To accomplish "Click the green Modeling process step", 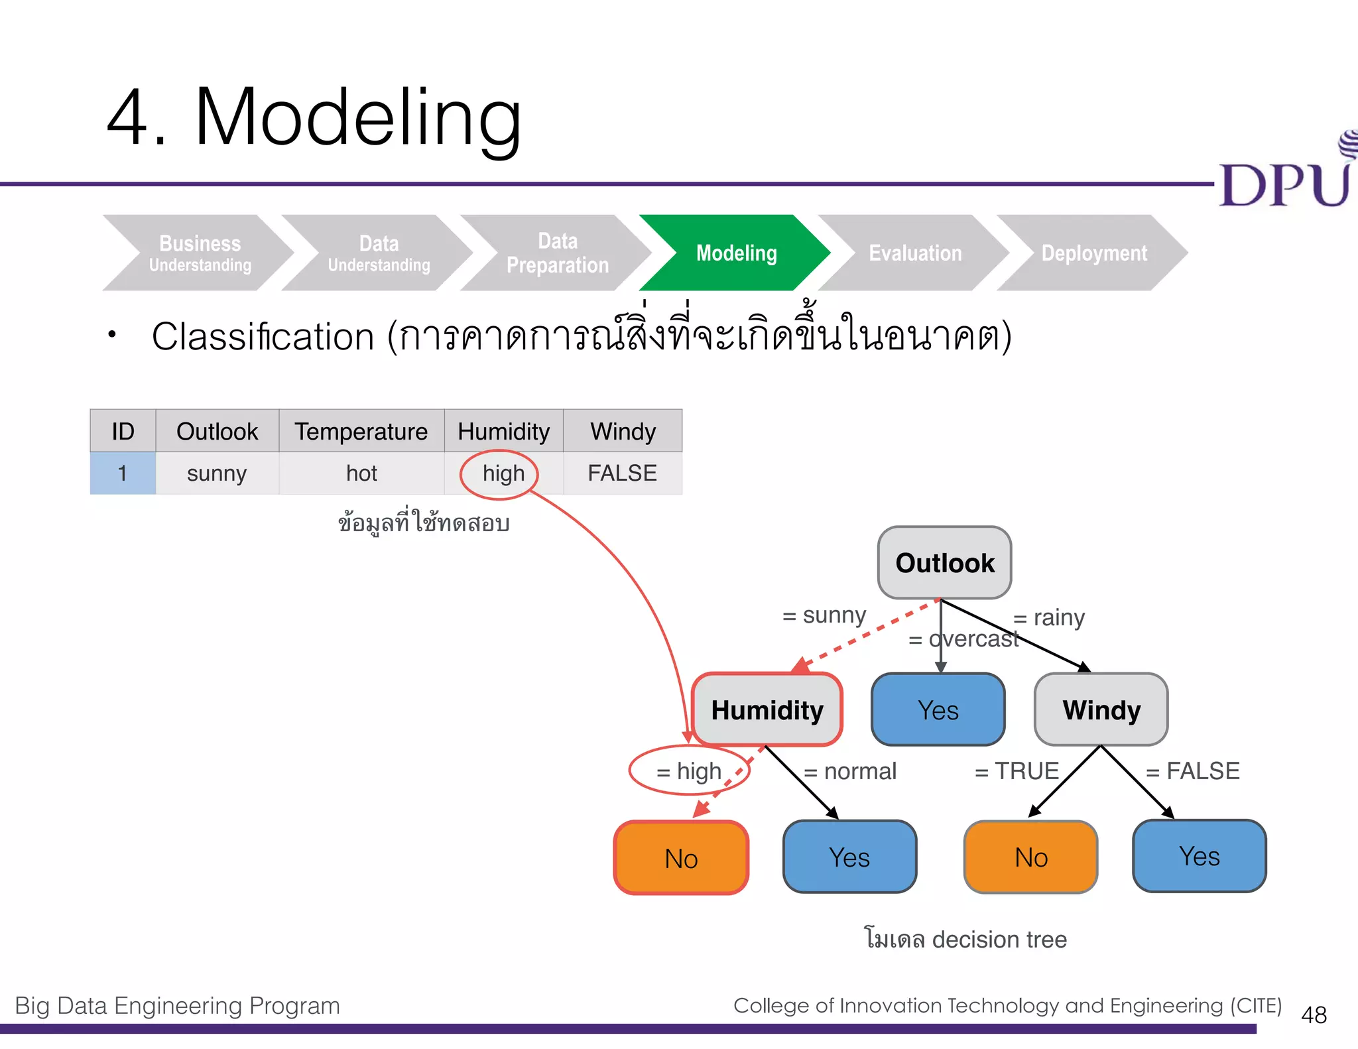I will pos(735,253).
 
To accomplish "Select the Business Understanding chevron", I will pos(199,253).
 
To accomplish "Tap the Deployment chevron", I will pos(1094,253).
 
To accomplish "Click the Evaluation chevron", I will pos(915,253).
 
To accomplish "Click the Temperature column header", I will pos(361,432).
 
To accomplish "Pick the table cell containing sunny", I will pos(217,473).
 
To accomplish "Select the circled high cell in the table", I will pos(503,473).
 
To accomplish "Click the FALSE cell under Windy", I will pos(622,473).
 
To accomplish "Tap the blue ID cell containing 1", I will pos(123,473).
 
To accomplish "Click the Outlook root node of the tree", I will pos(944,563).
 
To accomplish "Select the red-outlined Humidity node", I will pos(767,710).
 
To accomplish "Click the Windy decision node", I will pos(1101,710).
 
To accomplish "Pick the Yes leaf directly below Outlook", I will pos(938,710).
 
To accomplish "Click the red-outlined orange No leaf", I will pos(681,858).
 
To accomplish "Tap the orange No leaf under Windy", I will pos(1030,857).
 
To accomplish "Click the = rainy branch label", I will pos(1049,617).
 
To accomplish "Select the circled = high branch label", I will pos(689,771).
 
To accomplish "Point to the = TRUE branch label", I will pos(1017,771).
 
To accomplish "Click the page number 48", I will pos(1314,1015).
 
